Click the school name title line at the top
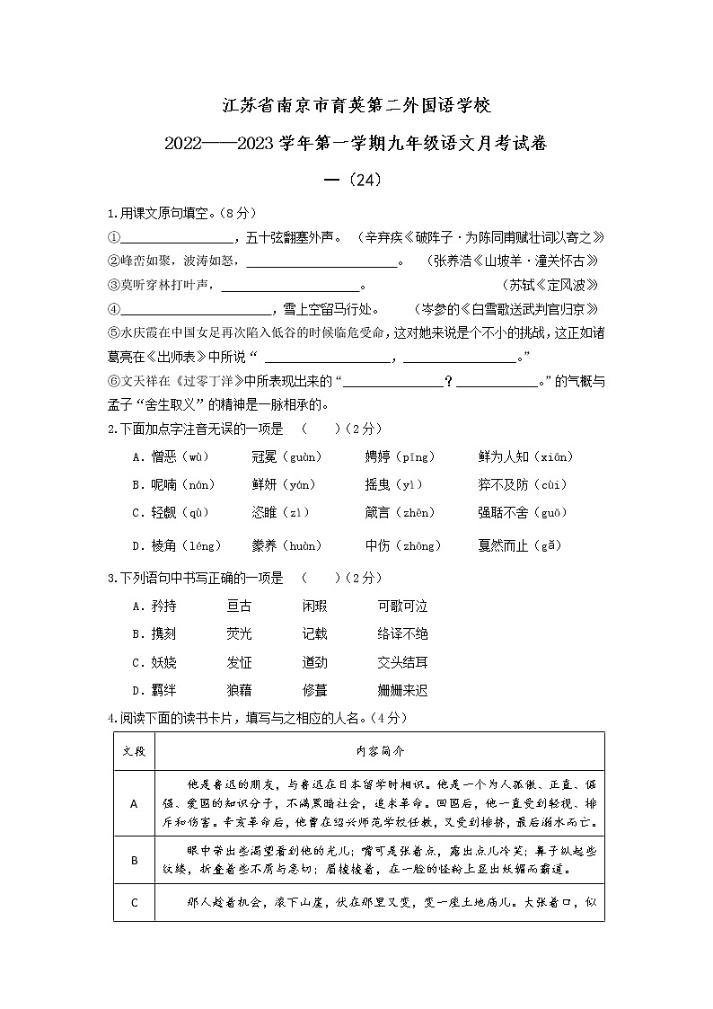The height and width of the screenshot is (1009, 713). [356, 106]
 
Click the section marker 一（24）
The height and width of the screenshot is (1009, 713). [356, 180]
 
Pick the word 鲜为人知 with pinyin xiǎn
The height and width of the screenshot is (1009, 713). [503, 457]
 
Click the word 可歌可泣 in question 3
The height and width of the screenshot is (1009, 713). [402, 606]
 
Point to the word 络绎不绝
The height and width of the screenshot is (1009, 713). [402, 634]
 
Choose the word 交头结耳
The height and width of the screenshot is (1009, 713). [402, 662]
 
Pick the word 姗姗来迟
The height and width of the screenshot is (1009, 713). [402, 690]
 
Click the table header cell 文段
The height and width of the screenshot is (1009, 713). [134, 750]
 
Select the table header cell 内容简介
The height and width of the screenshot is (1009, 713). [380, 750]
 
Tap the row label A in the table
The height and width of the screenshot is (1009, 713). [134, 804]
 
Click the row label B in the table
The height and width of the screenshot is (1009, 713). [134, 861]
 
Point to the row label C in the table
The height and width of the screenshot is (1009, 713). [134, 903]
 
